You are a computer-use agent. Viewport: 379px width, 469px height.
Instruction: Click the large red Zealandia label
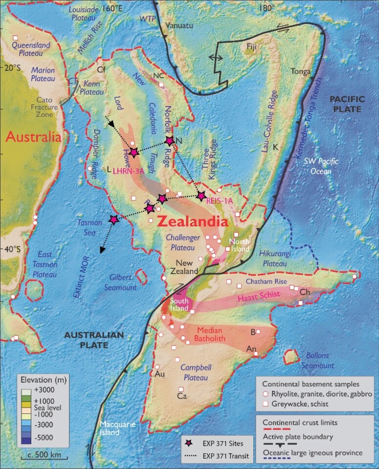(193, 221)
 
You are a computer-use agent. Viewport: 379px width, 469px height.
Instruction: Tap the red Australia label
(33, 137)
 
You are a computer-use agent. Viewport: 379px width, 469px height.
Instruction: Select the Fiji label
(251, 47)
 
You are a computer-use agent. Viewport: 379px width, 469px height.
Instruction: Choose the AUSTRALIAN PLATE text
(93, 340)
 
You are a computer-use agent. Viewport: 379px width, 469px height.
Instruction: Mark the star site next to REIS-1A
(201, 195)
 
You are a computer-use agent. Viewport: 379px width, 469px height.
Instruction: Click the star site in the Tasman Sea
(113, 220)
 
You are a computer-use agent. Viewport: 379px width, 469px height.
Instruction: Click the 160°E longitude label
(112, 8)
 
